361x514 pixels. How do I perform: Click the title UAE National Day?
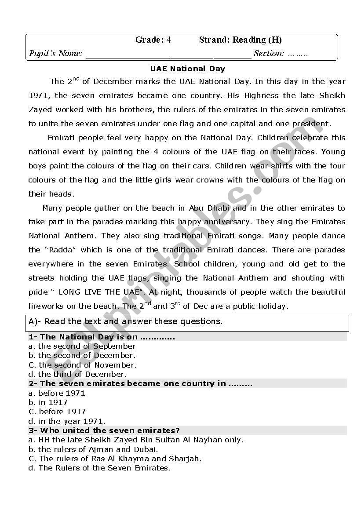coord(187,69)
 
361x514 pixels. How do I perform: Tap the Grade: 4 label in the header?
coord(153,40)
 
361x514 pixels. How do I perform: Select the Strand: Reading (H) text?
coord(240,40)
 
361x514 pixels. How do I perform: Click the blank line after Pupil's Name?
coord(168,55)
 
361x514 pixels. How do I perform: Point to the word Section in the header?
coord(269,54)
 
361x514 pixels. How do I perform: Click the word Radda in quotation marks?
coord(60,250)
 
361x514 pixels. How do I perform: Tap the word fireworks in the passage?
coord(47,306)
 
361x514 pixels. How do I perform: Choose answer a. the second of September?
coord(82,346)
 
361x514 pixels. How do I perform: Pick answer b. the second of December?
coord(82,355)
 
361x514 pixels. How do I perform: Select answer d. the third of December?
coord(77,374)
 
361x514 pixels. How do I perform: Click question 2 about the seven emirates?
coord(140,383)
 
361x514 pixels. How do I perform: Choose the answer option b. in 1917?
coord(48,402)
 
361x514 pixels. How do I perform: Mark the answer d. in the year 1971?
coord(67,421)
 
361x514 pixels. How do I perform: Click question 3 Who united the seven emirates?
coord(104,430)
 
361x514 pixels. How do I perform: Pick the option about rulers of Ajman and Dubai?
coord(93,449)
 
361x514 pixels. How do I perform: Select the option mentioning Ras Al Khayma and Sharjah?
coord(115,459)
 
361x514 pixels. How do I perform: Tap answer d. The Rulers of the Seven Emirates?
coord(100,468)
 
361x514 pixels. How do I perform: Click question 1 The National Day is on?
coord(102,337)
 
